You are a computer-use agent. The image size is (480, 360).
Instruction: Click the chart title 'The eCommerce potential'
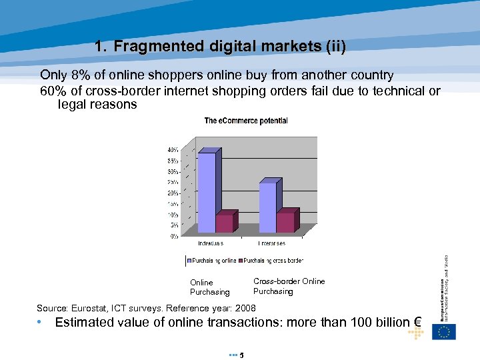(246, 121)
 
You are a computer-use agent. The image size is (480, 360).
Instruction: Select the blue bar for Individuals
(207, 193)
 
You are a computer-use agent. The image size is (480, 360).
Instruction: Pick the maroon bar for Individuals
(224, 223)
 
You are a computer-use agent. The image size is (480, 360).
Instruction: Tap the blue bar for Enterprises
(267, 207)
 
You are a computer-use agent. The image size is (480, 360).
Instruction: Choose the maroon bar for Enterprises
(285, 222)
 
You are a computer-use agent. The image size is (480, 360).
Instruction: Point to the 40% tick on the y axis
(172, 149)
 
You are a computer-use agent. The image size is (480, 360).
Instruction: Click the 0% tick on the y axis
(174, 235)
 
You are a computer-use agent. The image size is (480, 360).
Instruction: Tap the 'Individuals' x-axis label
(211, 244)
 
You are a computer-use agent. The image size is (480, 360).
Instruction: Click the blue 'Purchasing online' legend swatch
(189, 260)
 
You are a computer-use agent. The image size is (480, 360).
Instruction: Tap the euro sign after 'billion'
(418, 323)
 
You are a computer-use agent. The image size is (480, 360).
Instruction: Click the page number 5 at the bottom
(241, 355)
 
